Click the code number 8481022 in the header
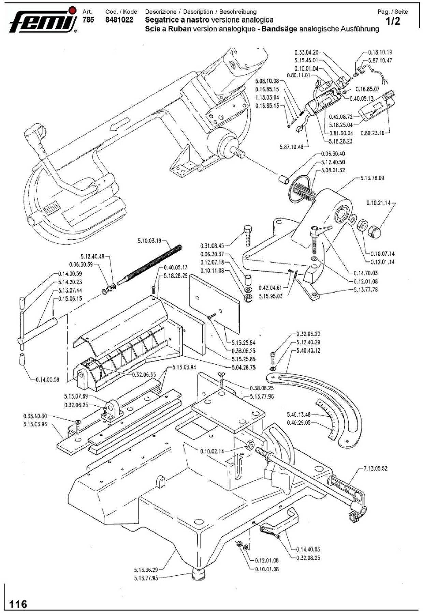(x=119, y=20)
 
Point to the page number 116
(x=18, y=604)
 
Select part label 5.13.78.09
(x=372, y=178)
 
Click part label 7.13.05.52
(x=375, y=468)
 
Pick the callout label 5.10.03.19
(x=149, y=241)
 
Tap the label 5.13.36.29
(x=146, y=570)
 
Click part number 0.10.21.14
(x=378, y=203)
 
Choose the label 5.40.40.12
(x=308, y=350)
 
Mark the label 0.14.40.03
(x=308, y=549)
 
